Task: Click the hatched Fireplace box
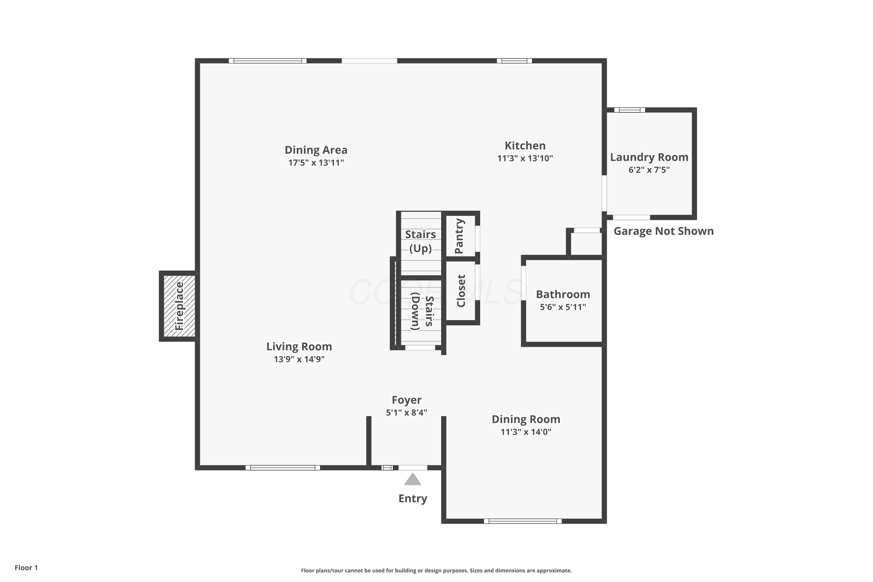tap(179, 306)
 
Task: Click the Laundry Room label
tap(649, 157)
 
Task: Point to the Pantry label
tap(459, 236)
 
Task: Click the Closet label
tap(461, 291)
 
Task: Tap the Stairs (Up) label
tap(420, 241)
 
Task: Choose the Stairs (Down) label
tap(422, 311)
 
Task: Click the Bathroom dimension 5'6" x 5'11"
tap(563, 307)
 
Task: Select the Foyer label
tap(407, 400)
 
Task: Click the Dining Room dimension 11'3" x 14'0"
tap(526, 432)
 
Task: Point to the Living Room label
tap(299, 347)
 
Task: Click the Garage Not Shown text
tap(664, 231)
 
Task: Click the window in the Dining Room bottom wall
tap(523, 521)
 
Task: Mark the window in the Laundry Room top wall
tap(629, 110)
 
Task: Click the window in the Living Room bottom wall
tap(283, 468)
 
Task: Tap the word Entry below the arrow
tap(413, 498)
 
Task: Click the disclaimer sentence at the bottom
tap(436, 570)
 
